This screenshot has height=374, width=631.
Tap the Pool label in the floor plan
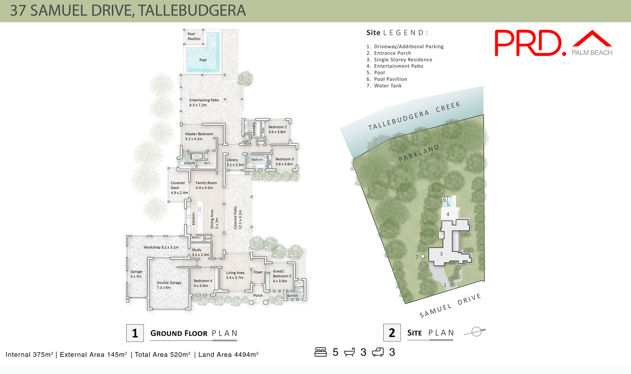point(203,60)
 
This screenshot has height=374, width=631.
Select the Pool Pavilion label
point(194,36)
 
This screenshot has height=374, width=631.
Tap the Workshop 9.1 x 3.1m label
point(161,247)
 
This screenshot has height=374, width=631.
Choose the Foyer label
point(258,272)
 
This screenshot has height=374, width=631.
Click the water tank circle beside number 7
point(423,256)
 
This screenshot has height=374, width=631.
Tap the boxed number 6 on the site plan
point(444,199)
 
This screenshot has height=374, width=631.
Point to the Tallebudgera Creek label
point(414,116)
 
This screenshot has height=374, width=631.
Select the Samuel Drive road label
point(450,305)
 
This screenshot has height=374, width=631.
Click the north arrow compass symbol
point(476,332)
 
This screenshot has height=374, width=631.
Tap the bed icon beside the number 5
point(320,352)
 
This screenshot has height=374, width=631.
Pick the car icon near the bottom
point(378,352)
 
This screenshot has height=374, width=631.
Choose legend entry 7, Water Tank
point(384,86)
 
